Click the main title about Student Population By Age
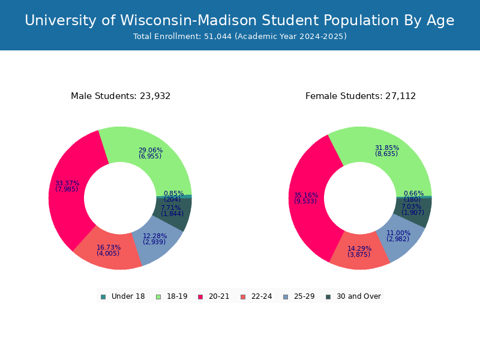(x=239, y=20)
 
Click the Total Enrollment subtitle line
(x=239, y=37)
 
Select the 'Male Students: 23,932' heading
(x=121, y=96)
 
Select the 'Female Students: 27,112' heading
(x=361, y=96)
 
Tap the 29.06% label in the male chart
(x=150, y=153)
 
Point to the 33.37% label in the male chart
(x=67, y=186)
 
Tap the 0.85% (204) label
(x=173, y=196)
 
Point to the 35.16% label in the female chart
(x=305, y=198)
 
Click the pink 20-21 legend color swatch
(x=200, y=296)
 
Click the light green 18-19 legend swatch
(x=158, y=296)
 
